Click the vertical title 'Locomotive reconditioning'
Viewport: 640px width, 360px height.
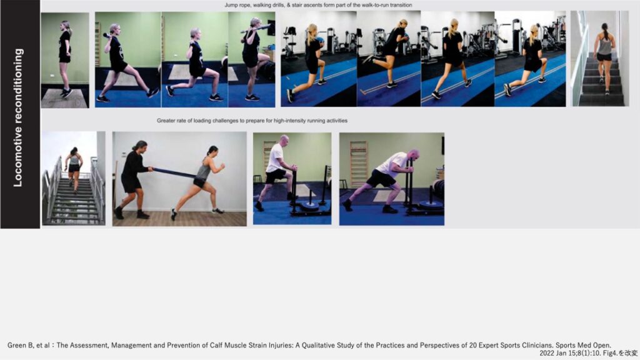pyautogui.click(x=18, y=118)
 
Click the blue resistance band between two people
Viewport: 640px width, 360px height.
pyautogui.click(x=174, y=172)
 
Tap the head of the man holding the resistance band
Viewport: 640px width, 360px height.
pyautogui.click(x=139, y=146)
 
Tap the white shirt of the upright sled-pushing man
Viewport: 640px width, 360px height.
pyautogui.click(x=274, y=158)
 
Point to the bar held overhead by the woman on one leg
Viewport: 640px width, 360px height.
pyautogui.click(x=256, y=29)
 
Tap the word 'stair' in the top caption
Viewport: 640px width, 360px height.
pyautogui.click(x=297, y=5)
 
